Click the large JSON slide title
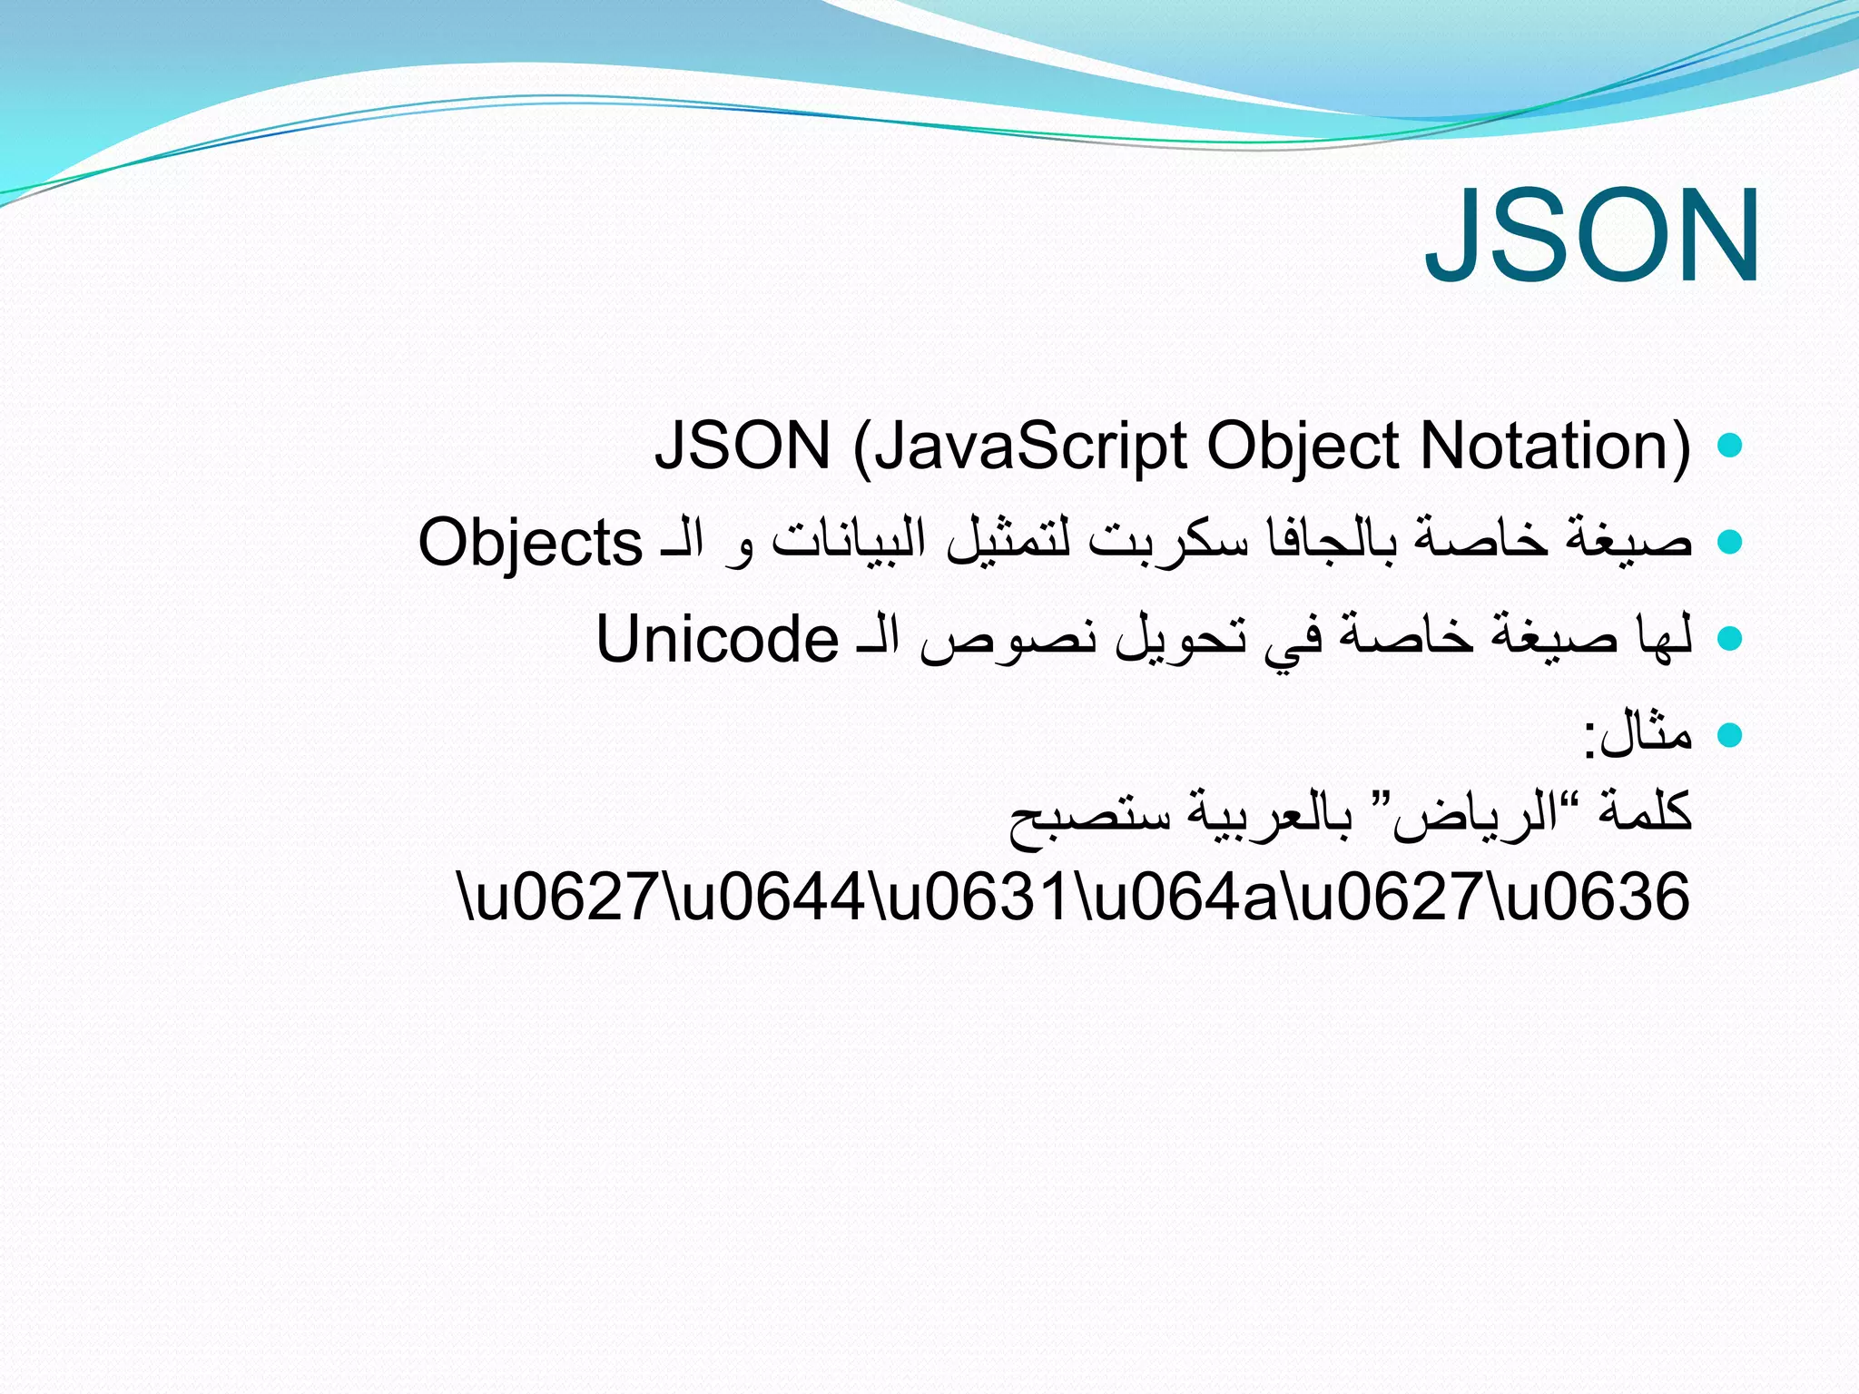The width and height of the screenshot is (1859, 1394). [1592, 236]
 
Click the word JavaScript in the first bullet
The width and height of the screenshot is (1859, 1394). [1031, 447]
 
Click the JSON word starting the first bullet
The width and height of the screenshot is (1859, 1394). [743, 447]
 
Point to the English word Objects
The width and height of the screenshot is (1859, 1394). [530, 543]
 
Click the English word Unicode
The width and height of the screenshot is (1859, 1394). [717, 639]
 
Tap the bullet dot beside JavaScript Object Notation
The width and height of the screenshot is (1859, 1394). [1730, 445]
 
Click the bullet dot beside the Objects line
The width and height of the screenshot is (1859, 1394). [1730, 542]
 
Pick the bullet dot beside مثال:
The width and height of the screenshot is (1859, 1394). [1730, 734]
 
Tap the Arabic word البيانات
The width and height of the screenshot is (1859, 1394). [849, 542]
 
